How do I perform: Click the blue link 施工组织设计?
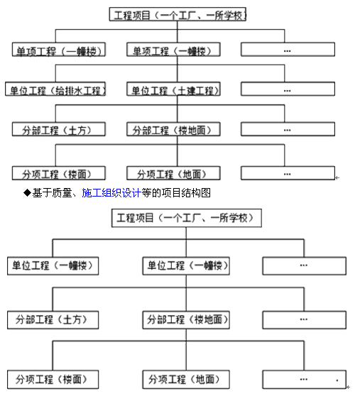(111, 193)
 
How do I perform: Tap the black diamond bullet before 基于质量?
(27, 193)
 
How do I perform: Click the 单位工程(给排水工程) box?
(55, 89)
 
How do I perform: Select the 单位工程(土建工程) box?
(173, 89)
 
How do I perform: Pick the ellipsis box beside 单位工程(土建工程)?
(288, 89)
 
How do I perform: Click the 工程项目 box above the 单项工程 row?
(178, 14)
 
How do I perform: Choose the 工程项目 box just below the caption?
(187, 218)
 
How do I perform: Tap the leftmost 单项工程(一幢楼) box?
(59, 50)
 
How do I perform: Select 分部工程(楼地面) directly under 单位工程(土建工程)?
(173, 129)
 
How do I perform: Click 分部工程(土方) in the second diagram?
(53, 320)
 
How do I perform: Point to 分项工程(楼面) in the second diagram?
(53, 380)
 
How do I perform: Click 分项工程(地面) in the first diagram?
(173, 173)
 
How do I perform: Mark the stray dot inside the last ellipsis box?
(337, 380)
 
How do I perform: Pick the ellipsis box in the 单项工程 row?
(288, 50)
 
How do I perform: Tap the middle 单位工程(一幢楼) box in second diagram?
(186, 266)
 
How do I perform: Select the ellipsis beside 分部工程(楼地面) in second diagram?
(304, 320)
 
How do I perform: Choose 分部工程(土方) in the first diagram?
(59, 129)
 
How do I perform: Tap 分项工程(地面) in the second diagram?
(186, 380)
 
